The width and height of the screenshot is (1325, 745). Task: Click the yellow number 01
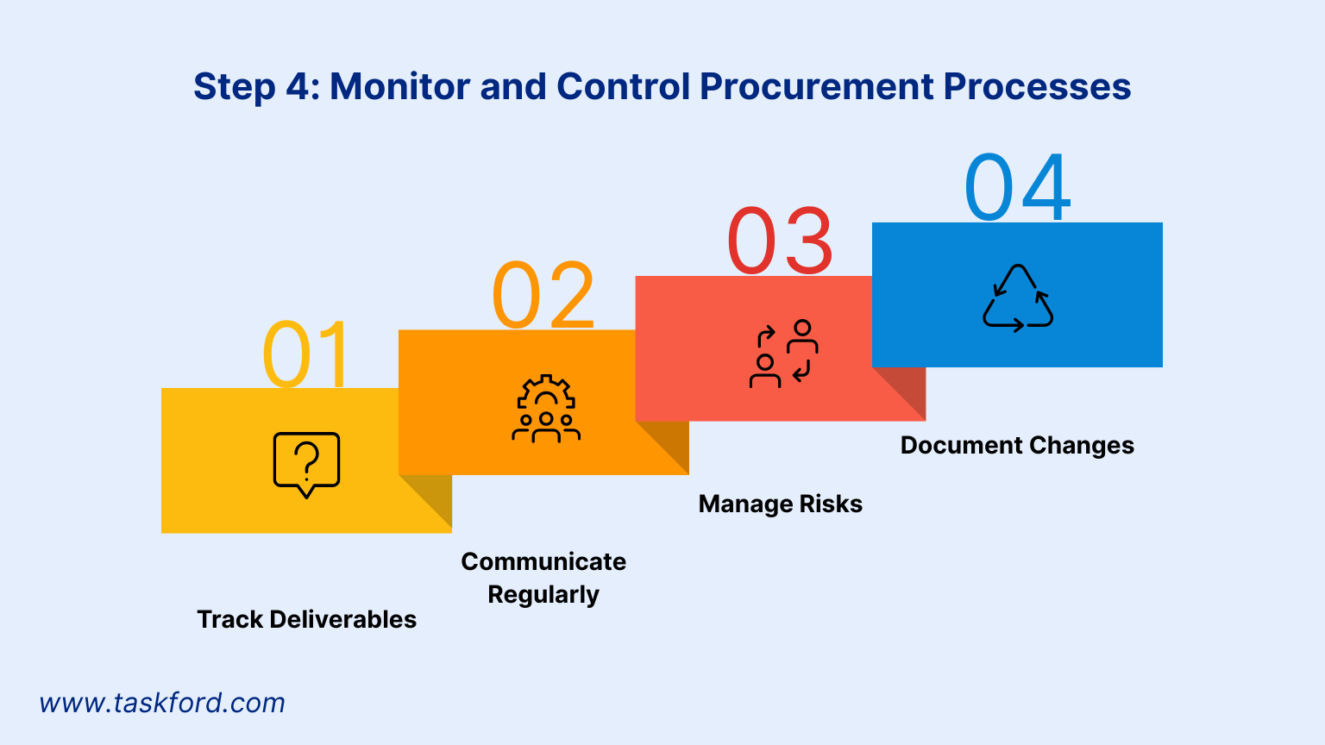(306, 354)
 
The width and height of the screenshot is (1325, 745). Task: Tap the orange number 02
(543, 295)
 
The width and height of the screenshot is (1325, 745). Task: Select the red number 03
(781, 241)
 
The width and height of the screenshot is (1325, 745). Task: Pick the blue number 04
(1018, 187)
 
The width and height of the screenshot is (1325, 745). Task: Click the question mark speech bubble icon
(306, 464)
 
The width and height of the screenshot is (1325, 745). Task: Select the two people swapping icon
(782, 354)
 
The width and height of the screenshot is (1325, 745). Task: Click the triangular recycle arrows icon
(1018, 298)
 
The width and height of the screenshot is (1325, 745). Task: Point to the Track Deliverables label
(306, 619)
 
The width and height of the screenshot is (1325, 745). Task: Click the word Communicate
(543, 561)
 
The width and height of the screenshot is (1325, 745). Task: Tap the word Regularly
(543, 595)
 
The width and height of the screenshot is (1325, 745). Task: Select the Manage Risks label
(781, 504)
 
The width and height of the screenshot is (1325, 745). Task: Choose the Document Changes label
(1017, 445)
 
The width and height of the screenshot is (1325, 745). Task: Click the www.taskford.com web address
(162, 703)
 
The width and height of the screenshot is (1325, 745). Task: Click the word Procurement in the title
(816, 86)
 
